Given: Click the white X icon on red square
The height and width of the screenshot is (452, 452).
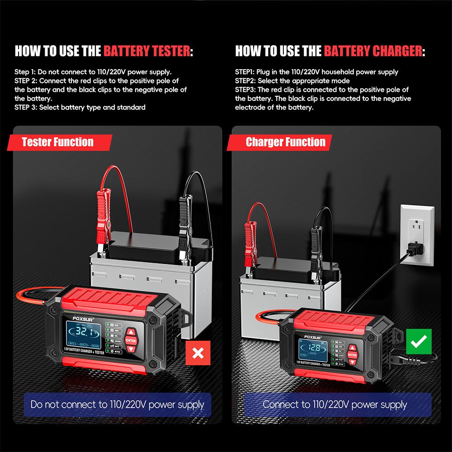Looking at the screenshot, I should [x=198, y=353].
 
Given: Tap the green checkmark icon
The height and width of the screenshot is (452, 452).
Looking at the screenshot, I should [x=419, y=342].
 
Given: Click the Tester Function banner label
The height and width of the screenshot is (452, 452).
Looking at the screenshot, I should [x=58, y=142].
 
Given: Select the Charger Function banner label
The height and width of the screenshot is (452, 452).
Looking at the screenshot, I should [x=285, y=142].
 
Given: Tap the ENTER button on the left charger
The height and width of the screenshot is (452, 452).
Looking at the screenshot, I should [x=131, y=340].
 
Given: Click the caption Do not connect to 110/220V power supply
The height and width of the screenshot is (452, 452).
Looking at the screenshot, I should [x=118, y=405].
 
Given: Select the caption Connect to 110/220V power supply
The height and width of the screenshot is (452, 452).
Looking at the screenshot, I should [x=335, y=405].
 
